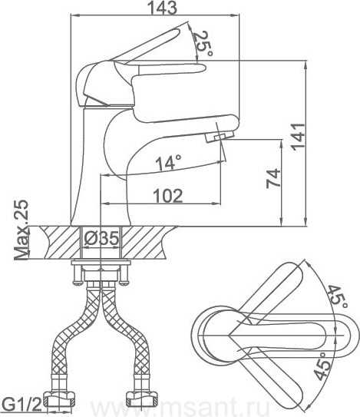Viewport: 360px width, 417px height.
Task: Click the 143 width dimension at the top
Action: coord(162,8)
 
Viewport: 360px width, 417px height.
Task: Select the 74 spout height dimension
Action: coord(273,178)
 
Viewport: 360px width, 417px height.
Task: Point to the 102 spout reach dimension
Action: coord(168,196)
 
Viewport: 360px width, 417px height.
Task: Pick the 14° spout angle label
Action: coord(169,162)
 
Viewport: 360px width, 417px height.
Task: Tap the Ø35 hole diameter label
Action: coord(101,238)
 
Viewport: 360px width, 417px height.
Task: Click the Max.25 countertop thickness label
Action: coord(21,230)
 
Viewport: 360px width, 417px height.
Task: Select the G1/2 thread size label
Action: coord(23,405)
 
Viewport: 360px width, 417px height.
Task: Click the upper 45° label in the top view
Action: coord(337,296)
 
